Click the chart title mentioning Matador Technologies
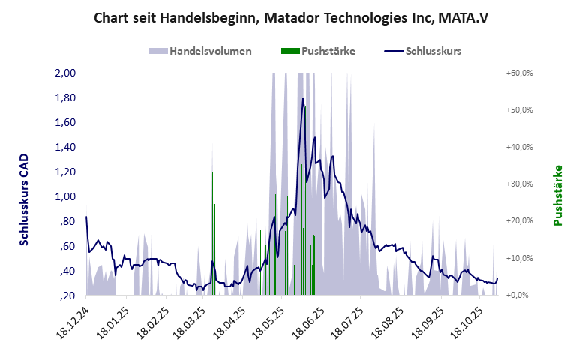289,16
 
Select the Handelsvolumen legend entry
200,51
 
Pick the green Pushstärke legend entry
318,51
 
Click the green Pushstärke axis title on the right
557,196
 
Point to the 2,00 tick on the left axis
65,73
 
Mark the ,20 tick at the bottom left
67,295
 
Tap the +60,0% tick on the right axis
519,73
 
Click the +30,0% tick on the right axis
519,184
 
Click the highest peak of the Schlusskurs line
303,97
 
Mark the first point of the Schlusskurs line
86,217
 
